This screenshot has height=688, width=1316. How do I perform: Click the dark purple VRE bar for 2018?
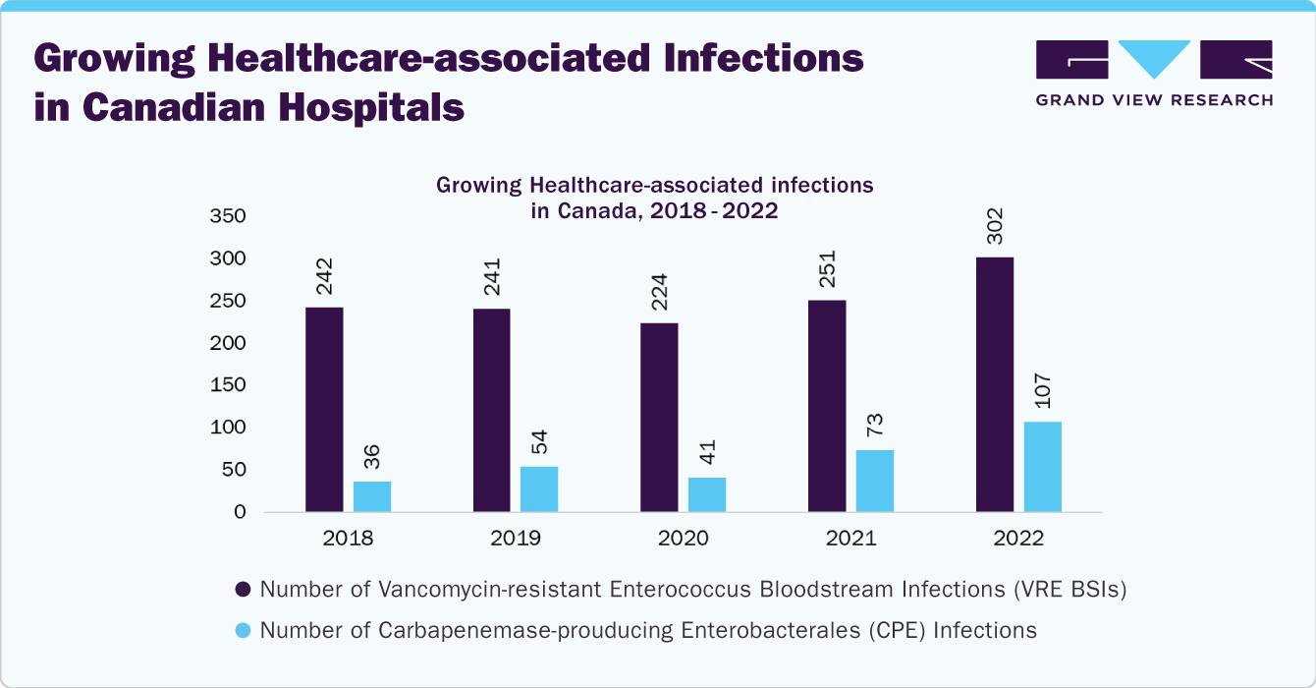324,410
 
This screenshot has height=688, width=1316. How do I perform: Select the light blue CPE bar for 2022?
1042,467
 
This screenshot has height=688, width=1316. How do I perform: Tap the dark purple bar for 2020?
659,418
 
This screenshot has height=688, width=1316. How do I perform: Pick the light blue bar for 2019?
539,489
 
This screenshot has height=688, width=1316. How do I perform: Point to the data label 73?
876,425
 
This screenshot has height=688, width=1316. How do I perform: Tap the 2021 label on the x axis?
850,539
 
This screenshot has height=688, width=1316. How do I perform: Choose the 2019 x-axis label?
516,539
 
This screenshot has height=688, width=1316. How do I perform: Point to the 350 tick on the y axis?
227,216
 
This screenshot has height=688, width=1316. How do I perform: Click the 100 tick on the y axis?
227,428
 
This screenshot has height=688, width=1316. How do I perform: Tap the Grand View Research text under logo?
1154,99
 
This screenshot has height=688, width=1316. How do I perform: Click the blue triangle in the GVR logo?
1154,57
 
